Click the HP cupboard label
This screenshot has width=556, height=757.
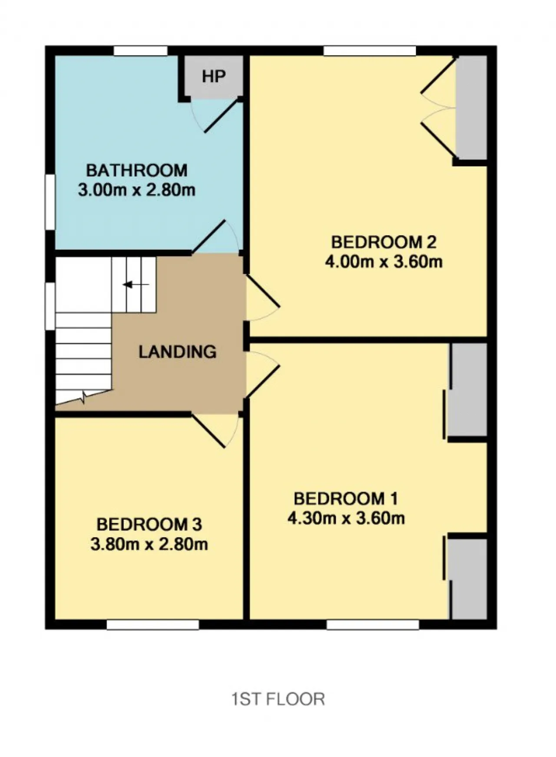pos(214,76)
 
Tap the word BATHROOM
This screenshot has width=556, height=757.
pos(137,170)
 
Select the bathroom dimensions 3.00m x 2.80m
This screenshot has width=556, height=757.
pos(137,190)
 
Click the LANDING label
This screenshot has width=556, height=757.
pos(178,351)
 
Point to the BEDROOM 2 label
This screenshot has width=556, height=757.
pos(384,242)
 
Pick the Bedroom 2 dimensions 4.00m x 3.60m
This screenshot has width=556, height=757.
pos(384,262)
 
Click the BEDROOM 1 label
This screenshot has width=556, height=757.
pos(346,498)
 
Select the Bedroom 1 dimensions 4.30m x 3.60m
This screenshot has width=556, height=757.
pos(346,518)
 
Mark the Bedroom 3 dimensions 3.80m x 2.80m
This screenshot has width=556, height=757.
pos(149,544)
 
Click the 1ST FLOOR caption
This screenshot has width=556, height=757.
pos(278,699)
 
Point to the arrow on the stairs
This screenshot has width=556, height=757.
pos(136,285)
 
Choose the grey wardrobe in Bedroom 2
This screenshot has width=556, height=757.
pos(471,108)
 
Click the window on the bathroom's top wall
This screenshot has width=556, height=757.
pos(141,51)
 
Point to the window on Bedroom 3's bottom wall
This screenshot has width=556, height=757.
pos(153,624)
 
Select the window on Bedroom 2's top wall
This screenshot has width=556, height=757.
pos(370,51)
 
